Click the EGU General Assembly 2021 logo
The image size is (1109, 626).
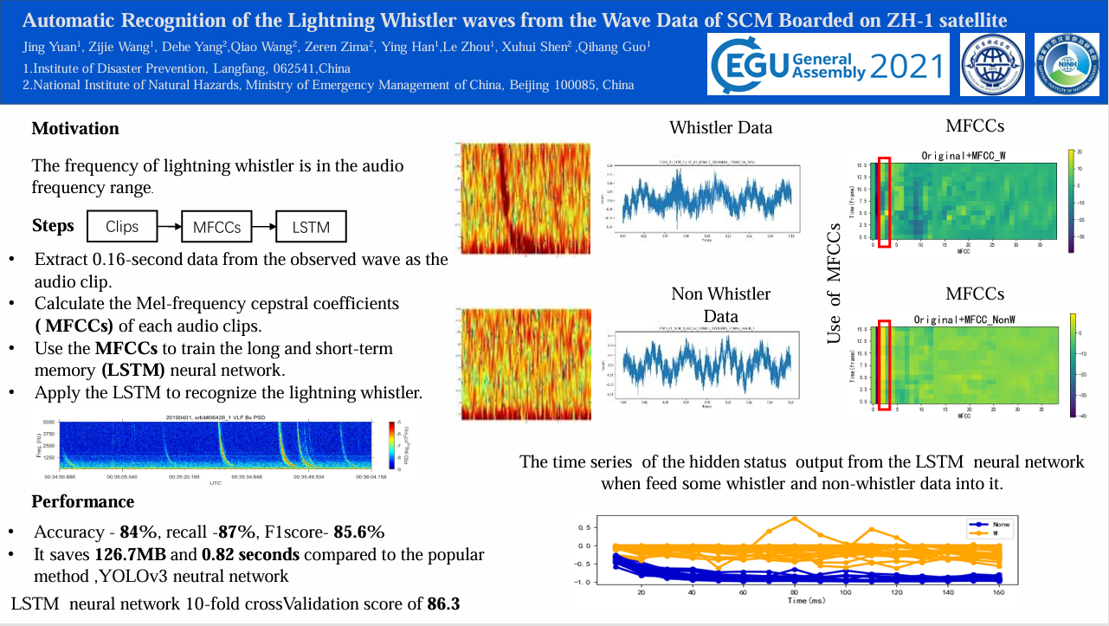pyautogui.click(x=829, y=64)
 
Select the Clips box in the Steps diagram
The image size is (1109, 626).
pyautogui.click(x=122, y=227)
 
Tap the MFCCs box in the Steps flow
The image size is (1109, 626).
pyautogui.click(x=217, y=227)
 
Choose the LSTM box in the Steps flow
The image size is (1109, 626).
pyautogui.click(x=311, y=227)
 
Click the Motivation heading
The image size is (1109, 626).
pyautogui.click(x=75, y=129)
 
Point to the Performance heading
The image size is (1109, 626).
pyautogui.click(x=83, y=502)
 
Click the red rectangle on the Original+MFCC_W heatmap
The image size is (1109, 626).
pyautogui.click(x=884, y=203)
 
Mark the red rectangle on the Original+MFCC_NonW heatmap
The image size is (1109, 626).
pyautogui.click(x=884, y=365)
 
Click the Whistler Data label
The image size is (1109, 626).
pyautogui.click(x=720, y=128)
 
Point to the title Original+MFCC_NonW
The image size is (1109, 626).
pyautogui.click(x=964, y=319)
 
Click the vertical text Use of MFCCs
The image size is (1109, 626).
pyautogui.click(x=834, y=283)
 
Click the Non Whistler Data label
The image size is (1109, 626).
pyautogui.click(x=720, y=305)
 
